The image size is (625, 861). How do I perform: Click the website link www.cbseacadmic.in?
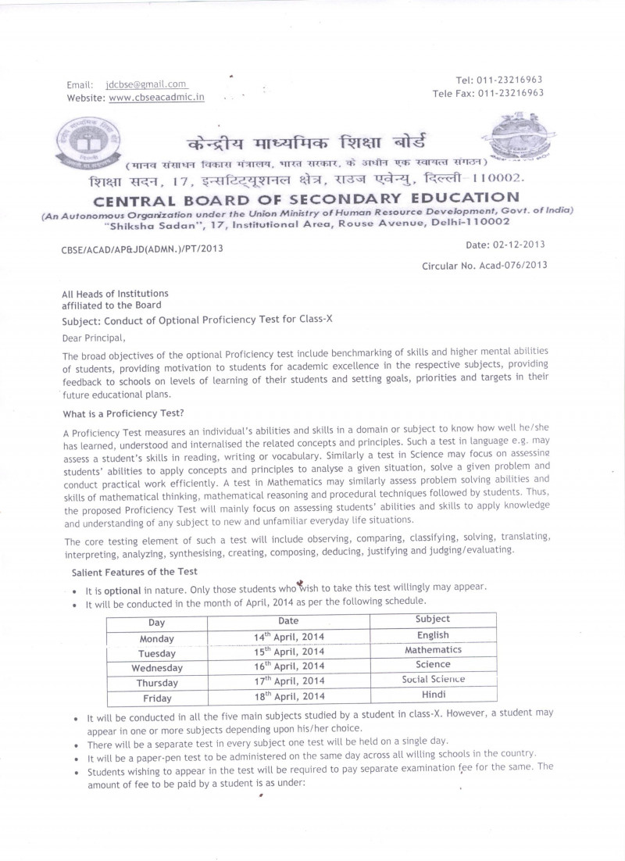pyautogui.click(x=156, y=98)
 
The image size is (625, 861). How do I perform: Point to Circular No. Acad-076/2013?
pyautogui.click(x=484, y=265)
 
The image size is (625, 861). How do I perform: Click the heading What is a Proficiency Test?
pyautogui.click(x=123, y=413)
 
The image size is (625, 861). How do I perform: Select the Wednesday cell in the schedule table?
pyautogui.click(x=156, y=668)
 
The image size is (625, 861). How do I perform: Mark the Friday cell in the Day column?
pyautogui.click(x=156, y=698)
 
